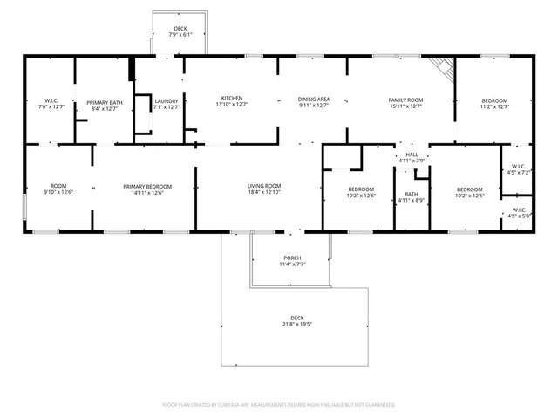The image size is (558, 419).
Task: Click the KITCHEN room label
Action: pyautogui.click(x=231, y=98)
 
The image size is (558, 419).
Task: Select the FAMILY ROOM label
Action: pyautogui.click(x=405, y=100)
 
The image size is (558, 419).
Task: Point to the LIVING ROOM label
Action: pyautogui.click(x=264, y=185)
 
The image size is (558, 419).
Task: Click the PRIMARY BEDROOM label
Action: pyautogui.click(x=146, y=186)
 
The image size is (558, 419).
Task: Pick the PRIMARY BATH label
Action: pyautogui.click(x=102, y=102)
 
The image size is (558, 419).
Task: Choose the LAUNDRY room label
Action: pyautogui.click(x=166, y=102)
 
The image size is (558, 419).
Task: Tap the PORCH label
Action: pyautogui.click(x=292, y=258)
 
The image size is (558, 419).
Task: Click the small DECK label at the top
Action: pyautogui.click(x=180, y=28)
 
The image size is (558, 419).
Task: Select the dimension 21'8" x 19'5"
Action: pyautogui.click(x=297, y=324)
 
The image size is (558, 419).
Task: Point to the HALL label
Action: pyautogui.click(x=412, y=155)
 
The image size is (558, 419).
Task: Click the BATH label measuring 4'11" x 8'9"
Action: pyautogui.click(x=411, y=195)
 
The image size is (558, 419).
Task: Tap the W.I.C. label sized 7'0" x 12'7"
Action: pyautogui.click(x=51, y=102)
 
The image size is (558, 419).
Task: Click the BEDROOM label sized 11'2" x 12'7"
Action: pyautogui.click(x=494, y=100)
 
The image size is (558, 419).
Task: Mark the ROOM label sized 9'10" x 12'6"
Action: pyautogui.click(x=58, y=186)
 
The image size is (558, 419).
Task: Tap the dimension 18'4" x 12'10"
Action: pyautogui.click(x=264, y=192)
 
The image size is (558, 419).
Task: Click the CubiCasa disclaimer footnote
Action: pyautogui.click(x=279, y=405)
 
